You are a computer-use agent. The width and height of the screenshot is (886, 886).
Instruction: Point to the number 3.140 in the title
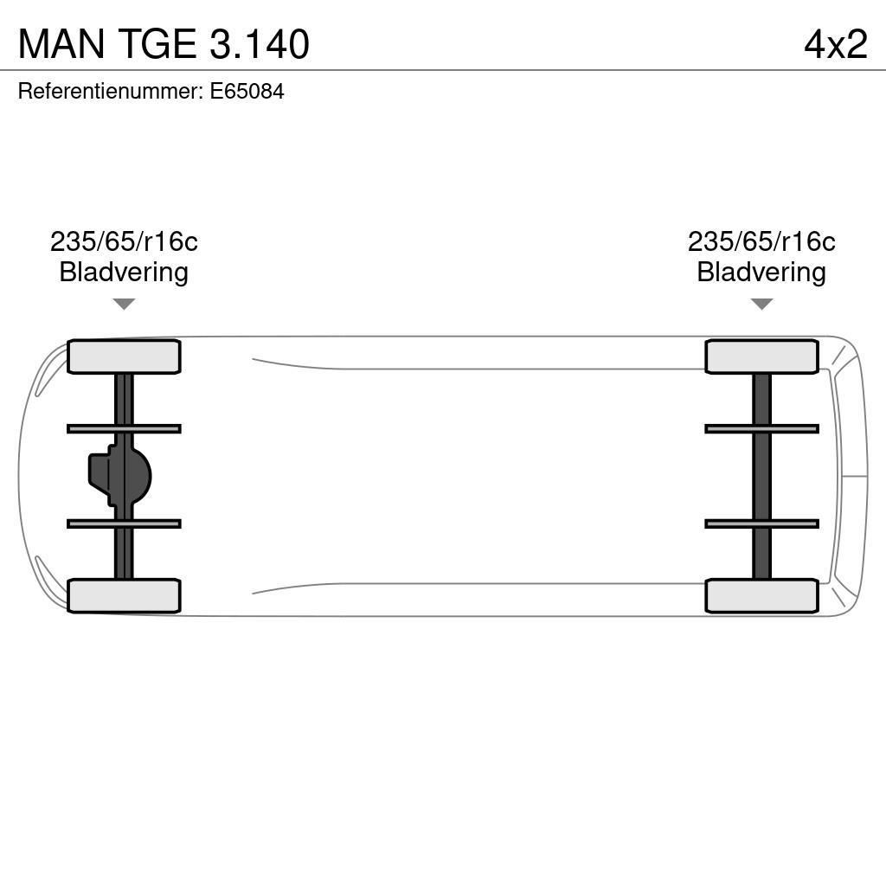click(x=259, y=44)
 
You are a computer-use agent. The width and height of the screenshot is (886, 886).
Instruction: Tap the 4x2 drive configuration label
click(x=835, y=44)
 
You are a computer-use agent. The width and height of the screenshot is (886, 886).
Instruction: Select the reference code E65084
click(x=247, y=92)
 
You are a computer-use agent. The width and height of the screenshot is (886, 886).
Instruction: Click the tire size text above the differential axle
click(x=124, y=241)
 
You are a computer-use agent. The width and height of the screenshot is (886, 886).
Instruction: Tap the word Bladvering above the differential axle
click(x=124, y=272)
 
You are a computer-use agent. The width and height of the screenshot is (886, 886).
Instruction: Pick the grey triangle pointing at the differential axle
click(x=124, y=304)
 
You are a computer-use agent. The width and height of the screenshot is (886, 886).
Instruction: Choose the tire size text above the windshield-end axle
click(x=761, y=241)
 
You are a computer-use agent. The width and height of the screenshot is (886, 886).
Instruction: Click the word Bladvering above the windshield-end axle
click(x=761, y=272)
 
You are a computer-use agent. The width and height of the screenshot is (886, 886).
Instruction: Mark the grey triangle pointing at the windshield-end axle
click(x=761, y=304)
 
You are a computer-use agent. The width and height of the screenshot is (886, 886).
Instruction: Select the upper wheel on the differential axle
click(x=124, y=356)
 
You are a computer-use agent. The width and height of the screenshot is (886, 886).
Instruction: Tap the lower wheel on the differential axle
click(x=124, y=596)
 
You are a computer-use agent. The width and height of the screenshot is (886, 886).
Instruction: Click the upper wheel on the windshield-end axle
click(x=761, y=356)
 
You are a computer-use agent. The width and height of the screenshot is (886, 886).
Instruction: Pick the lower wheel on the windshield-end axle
click(x=761, y=596)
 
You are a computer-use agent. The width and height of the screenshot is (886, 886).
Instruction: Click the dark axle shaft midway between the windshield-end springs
click(x=761, y=476)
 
